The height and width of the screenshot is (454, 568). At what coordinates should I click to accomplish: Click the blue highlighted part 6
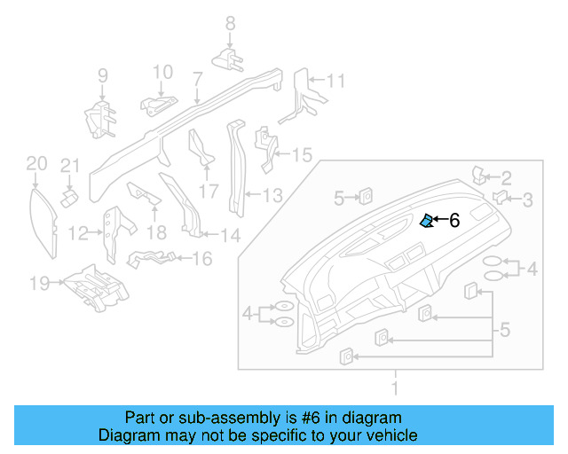pos(427,221)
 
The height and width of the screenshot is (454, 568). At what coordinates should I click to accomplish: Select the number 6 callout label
pos(454,221)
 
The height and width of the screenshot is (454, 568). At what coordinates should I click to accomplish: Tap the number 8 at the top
pos(230,24)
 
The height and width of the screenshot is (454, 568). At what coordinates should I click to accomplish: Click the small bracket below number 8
pos(229,59)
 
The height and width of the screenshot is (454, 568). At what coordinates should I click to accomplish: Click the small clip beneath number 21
pos(67,193)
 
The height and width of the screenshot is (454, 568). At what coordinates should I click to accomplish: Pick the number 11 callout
pos(334,82)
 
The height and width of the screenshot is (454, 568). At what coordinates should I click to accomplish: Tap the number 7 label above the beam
pos(197,80)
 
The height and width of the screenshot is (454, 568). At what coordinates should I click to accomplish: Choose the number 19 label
pos(38,284)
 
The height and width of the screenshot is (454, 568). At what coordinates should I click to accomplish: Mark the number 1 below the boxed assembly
pos(397,387)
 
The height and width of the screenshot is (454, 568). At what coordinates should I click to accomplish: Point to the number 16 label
pos(201,258)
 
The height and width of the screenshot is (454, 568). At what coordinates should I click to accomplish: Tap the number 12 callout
pos(79,234)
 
